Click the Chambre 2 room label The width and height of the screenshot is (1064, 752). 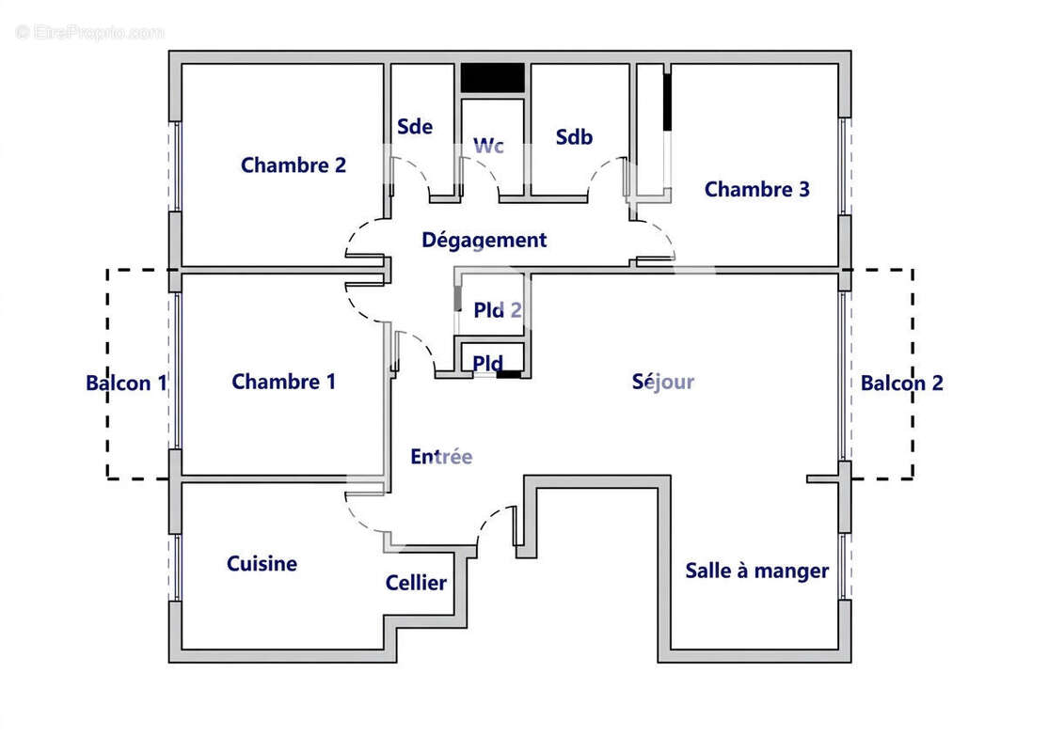point(293,165)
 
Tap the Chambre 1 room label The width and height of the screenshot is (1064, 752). point(283,382)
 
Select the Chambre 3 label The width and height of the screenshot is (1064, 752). point(756,190)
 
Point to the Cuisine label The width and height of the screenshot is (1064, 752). point(262,564)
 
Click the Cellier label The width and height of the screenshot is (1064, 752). point(416,584)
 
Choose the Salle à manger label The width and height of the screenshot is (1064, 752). point(756,571)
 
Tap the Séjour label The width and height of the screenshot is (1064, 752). point(663,382)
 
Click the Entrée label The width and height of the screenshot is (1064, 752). point(441,457)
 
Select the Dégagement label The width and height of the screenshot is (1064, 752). point(484,241)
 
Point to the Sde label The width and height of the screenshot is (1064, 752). point(414,127)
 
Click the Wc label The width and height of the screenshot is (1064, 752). point(488,146)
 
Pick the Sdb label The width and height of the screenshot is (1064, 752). point(574,137)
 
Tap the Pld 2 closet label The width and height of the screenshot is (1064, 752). point(498,311)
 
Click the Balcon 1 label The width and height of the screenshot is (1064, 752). point(126,384)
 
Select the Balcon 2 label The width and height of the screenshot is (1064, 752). point(901,384)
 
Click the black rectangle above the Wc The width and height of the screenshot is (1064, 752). point(492,78)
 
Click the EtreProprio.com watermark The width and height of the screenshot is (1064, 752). point(90,32)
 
